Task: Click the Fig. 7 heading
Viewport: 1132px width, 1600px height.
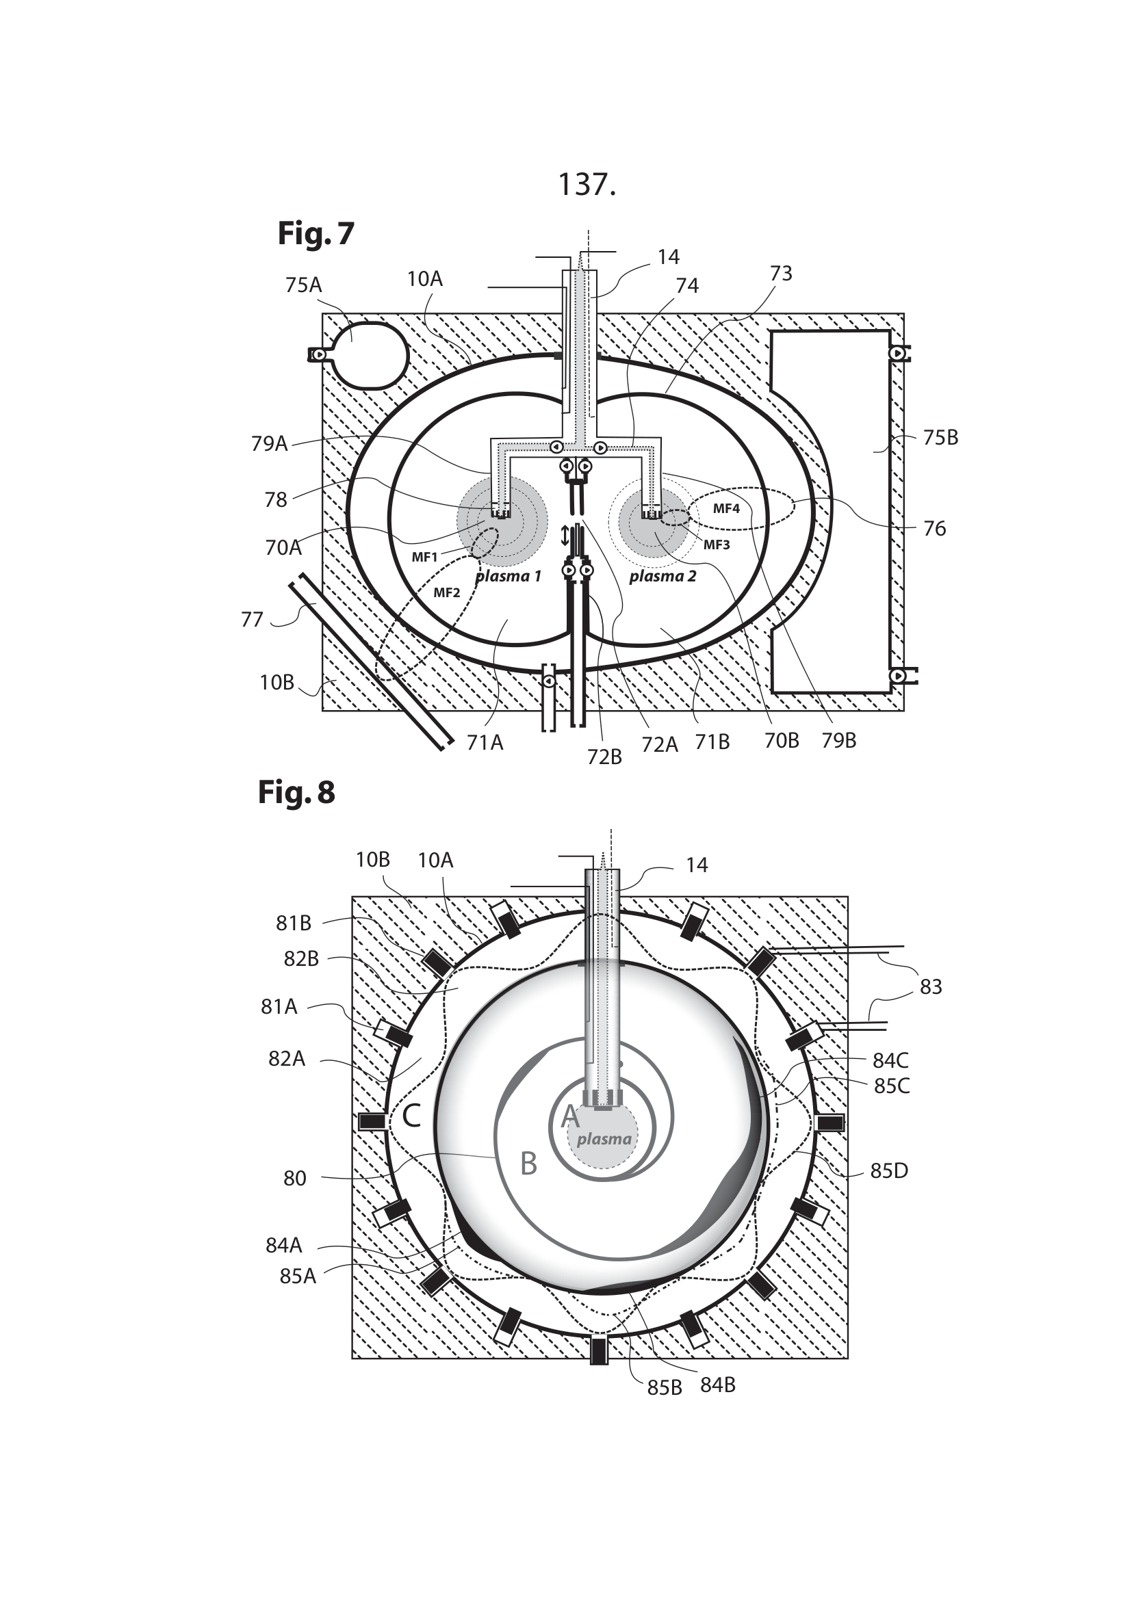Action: click(316, 234)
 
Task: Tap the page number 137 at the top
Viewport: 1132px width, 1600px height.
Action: click(587, 185)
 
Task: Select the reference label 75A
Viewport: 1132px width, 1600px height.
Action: click(303, 285)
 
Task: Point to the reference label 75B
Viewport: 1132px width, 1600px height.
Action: click(940, 438)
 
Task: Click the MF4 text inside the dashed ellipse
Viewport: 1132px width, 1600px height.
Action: click(725, 509)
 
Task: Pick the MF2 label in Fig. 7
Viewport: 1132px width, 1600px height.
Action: click(447, 593)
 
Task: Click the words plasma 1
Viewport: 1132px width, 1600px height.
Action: click(508, 576)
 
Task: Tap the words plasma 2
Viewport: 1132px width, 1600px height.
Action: click(663, 576)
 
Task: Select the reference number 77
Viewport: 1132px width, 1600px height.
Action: click(252, 619)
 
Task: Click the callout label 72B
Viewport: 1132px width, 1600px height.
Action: click(604, 757)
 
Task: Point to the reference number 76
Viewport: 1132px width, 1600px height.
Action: click(934, 528)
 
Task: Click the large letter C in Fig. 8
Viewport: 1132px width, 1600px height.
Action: click(411, 1116)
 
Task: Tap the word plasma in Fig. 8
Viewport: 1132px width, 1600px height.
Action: click(604, 1139)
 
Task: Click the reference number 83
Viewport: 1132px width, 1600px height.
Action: click(931, 987)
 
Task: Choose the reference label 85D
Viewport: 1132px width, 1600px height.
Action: click(889, 1170)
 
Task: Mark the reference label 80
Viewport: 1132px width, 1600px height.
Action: click(295, 1179)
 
